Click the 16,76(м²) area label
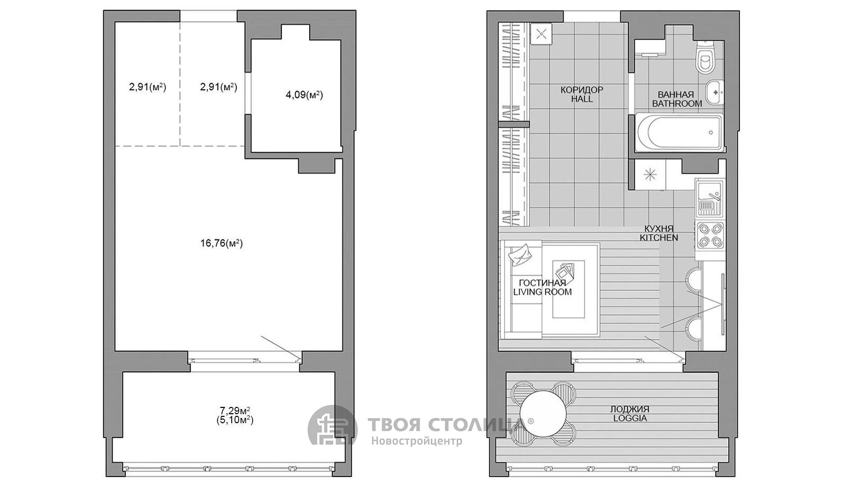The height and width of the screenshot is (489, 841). click(x=222, y=244)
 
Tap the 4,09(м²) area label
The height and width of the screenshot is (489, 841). click(x=304, y=95)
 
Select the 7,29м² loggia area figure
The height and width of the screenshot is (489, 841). click(x=235, y=411)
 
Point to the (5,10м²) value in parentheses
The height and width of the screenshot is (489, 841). click(x=235, y=421)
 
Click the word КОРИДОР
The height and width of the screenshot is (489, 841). click(x=582, y=90)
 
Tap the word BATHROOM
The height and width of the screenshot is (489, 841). click(x=677, y=104)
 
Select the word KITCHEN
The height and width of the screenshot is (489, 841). click(x=659, y=237)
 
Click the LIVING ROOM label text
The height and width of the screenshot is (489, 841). click(x=542, y=292)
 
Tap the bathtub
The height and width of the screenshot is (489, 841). click(x=679, y=133)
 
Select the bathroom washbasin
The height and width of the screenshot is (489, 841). click(x=715, y=92)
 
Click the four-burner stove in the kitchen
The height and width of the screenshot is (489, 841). click(x=710, y=235)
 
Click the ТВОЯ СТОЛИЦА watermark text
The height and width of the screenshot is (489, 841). click(x=445, y=425)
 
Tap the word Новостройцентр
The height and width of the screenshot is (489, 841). click(x=417, y=441)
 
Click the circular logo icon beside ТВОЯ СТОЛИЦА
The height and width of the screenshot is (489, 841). click(x=332, y=430)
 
